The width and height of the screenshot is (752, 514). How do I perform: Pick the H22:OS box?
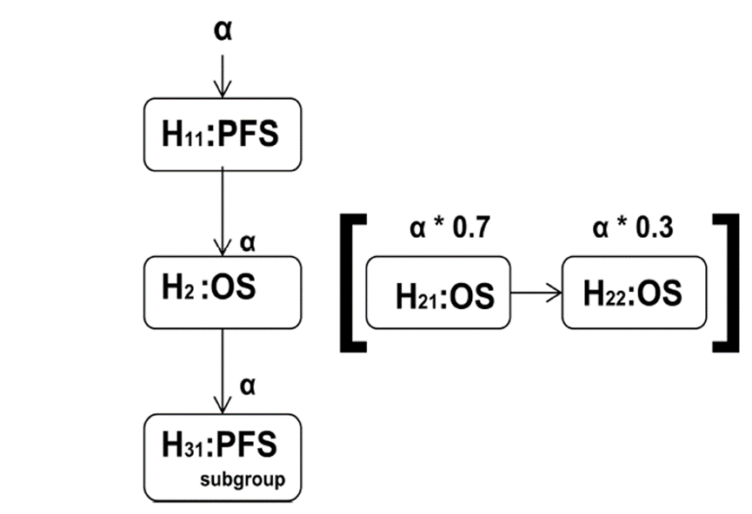(633, 293)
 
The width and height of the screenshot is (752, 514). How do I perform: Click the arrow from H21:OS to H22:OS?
(536, 293)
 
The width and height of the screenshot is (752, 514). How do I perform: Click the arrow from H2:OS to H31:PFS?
(223, 365)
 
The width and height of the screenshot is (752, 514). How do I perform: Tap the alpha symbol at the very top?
(223, 30)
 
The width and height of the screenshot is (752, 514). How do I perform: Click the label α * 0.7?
(449, 230)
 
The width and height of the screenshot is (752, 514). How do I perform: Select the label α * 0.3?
(633, 230)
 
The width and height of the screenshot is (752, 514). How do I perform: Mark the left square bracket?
(349, 284)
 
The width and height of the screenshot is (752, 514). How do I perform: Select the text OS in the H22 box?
(658, 293)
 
